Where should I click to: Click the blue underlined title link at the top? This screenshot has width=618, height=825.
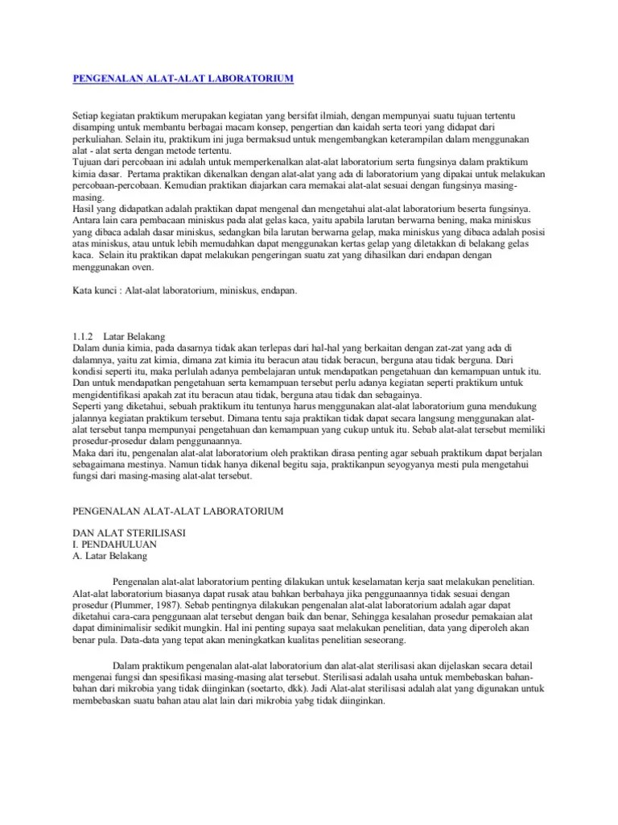click(183, 78)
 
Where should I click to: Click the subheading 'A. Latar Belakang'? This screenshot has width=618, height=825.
click(110, 555)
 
